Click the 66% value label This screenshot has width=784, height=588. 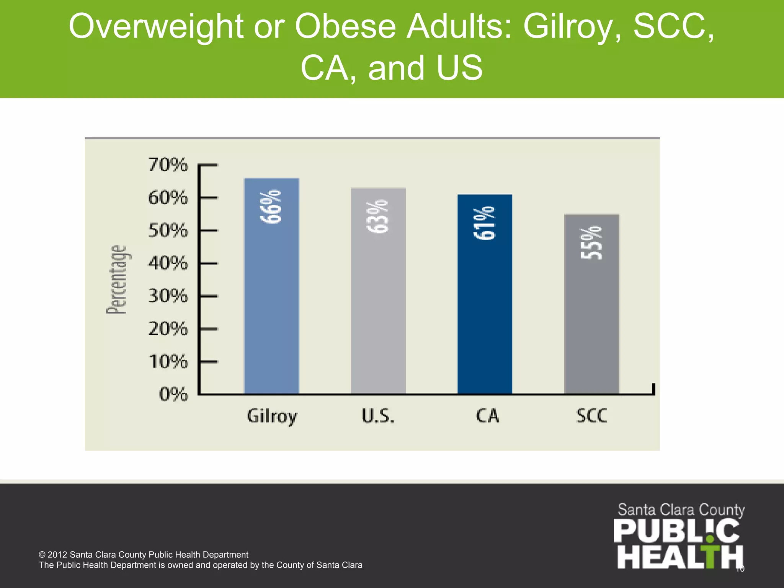click(271, 206)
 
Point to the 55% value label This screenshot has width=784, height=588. click(591, 243)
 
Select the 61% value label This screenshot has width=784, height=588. click(485, 223)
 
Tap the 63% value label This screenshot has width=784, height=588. click(378, 216)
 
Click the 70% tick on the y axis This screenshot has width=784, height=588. click(168, 165)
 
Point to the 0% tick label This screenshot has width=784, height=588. click(174, 394)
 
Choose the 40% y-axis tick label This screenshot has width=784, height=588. click(168, 263)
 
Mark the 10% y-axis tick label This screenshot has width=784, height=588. click(168, 361)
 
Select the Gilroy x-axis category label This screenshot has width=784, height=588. click(272, 416)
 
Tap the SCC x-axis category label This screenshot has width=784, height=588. click(592, 416)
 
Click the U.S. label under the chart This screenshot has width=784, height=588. click(378, 416)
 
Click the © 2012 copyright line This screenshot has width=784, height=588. click(144, 555)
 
